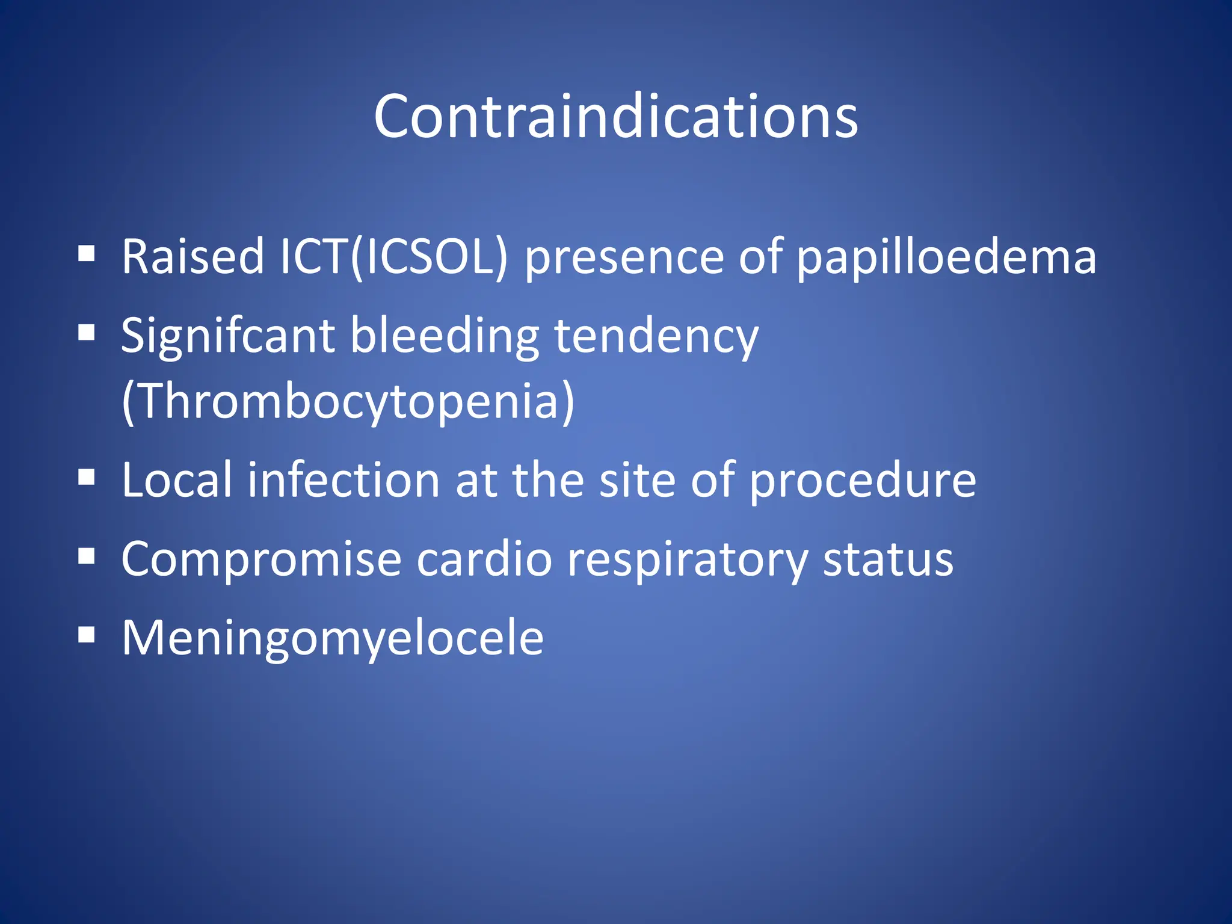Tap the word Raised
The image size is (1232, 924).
click(x=192, y=257)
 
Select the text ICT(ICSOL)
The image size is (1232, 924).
click(x=394, y=257)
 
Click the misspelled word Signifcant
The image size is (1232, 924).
click(x=227, y=337)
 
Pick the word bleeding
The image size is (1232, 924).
click(x=445, y=336)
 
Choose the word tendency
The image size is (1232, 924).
click(x=656, y=337)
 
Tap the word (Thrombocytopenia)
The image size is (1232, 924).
click(x=348, y=402)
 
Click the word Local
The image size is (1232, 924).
click(x=177, y=480)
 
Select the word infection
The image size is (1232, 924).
click(x=344, y=480)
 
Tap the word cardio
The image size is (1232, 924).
click(x=484, y=559)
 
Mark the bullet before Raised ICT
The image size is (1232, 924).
click(x=87, y=254)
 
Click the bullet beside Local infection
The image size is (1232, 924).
click(x=87, y=478)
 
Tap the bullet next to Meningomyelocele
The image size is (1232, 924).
click(x=87, y=635)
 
